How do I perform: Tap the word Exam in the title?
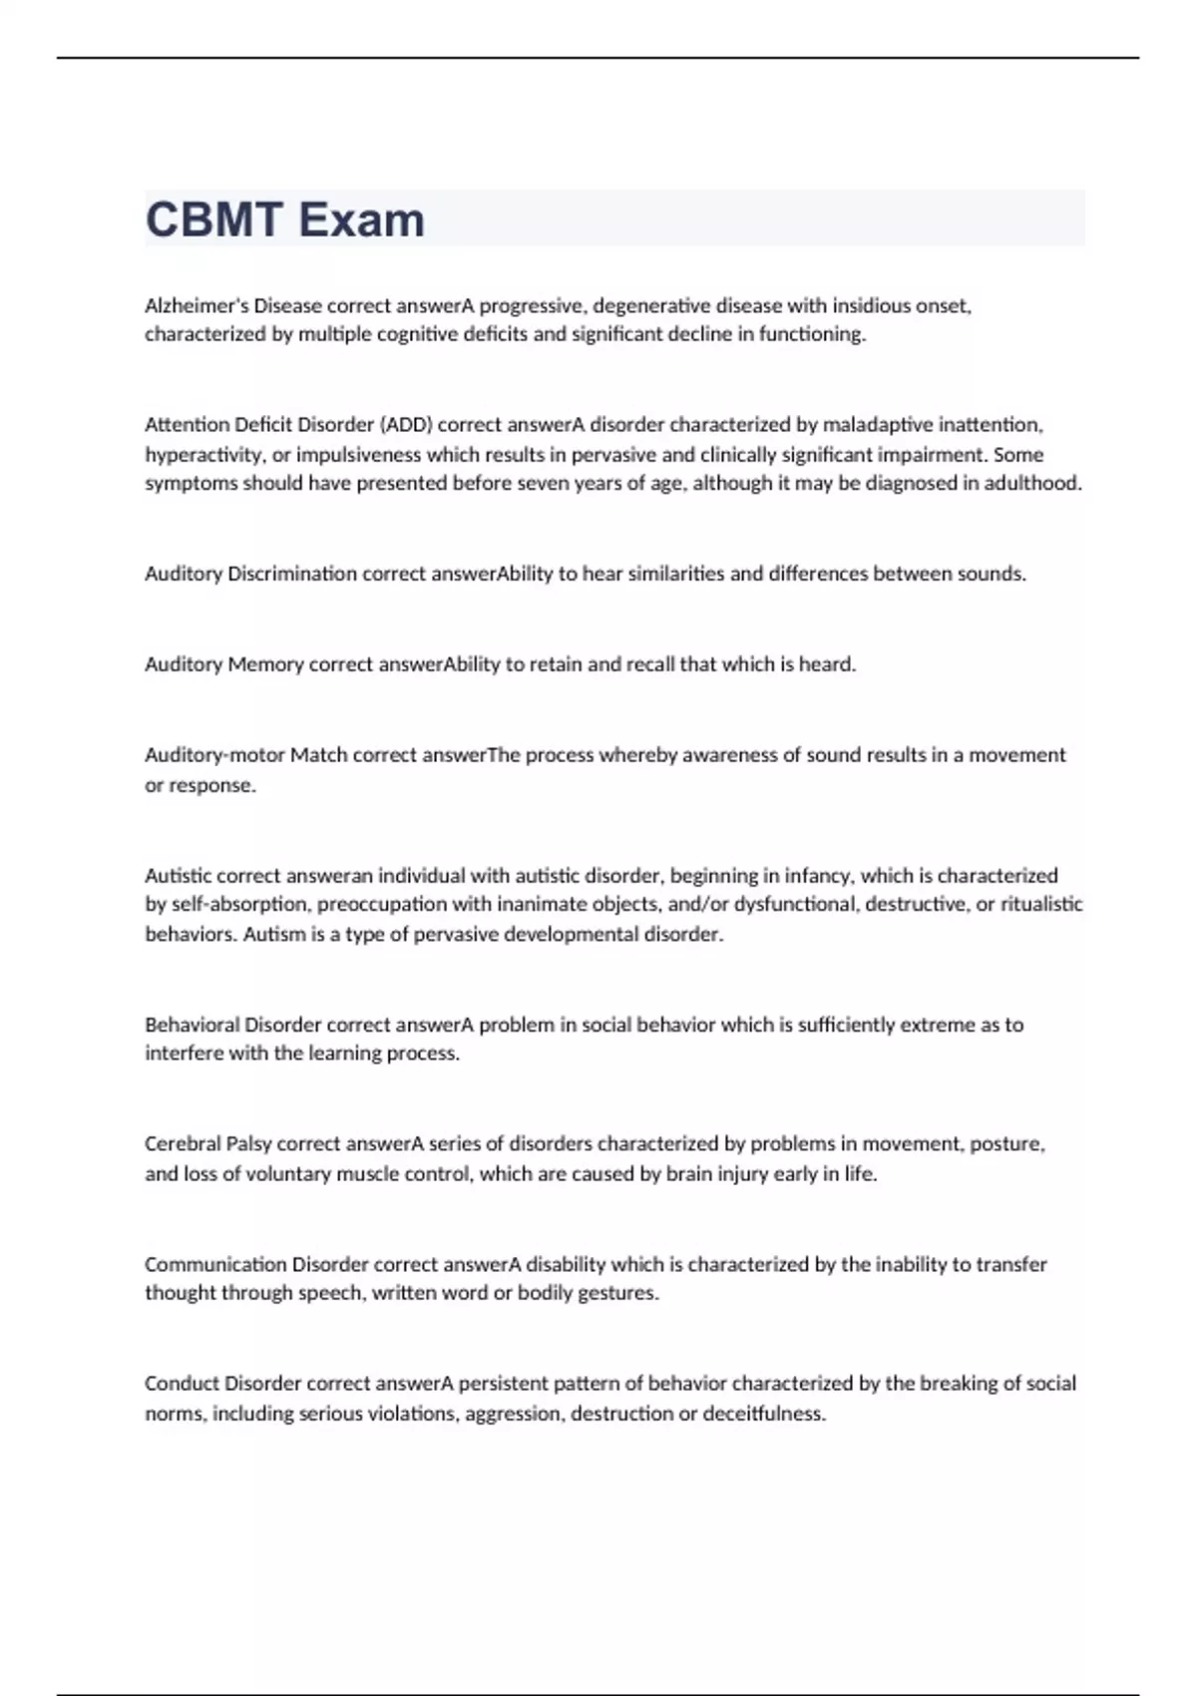pyautogui.click(x=362, y=219)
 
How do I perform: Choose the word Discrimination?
pyautogui.click(x=292, y=574)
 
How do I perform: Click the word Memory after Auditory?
pyautogui.click(x=265, y=664)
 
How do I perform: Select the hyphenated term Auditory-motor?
pyautogui.click(x=214, y=755)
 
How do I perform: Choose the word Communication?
pyautogui.click(x=215, y=1264)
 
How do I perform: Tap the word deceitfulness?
pyautogui.click(x=764, y=1414)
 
